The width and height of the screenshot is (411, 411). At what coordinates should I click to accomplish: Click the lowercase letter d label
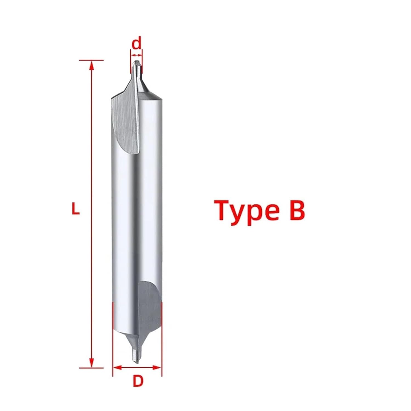tap(136, 44)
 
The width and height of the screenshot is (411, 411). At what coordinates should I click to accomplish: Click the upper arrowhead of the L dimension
tap(92, 65)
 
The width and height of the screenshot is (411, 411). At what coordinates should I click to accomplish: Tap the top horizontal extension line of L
tap(91, 60)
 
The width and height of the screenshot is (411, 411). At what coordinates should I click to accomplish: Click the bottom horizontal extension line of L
tap(91, 368)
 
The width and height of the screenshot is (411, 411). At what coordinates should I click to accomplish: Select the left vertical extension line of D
tap(113, 340)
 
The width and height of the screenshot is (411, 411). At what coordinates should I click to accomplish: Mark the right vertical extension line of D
tap(162, 340)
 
